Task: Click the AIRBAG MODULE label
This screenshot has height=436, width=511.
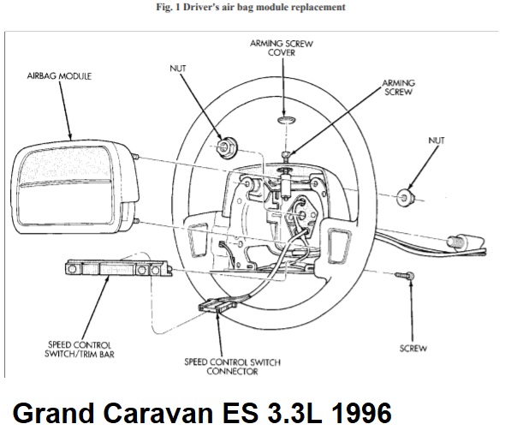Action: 59,76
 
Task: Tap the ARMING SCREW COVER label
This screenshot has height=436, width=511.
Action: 282,48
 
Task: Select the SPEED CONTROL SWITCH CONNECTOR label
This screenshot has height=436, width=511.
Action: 232,367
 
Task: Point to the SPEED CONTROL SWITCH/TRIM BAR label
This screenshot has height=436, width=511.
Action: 80,349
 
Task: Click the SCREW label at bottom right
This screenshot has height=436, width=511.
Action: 413,349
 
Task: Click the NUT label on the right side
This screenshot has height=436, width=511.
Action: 437,140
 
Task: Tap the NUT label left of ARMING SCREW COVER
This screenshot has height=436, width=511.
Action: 178,69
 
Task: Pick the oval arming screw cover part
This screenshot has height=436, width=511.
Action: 287,120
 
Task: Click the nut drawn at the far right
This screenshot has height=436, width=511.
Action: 405,197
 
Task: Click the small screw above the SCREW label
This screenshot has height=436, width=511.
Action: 405,276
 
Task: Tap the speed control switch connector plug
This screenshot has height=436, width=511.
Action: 217,306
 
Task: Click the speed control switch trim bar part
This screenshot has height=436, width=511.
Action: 119,268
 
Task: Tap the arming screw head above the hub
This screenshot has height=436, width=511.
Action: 286,155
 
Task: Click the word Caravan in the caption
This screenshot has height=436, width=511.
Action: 158,413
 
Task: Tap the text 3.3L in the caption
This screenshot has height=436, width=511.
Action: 295,413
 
